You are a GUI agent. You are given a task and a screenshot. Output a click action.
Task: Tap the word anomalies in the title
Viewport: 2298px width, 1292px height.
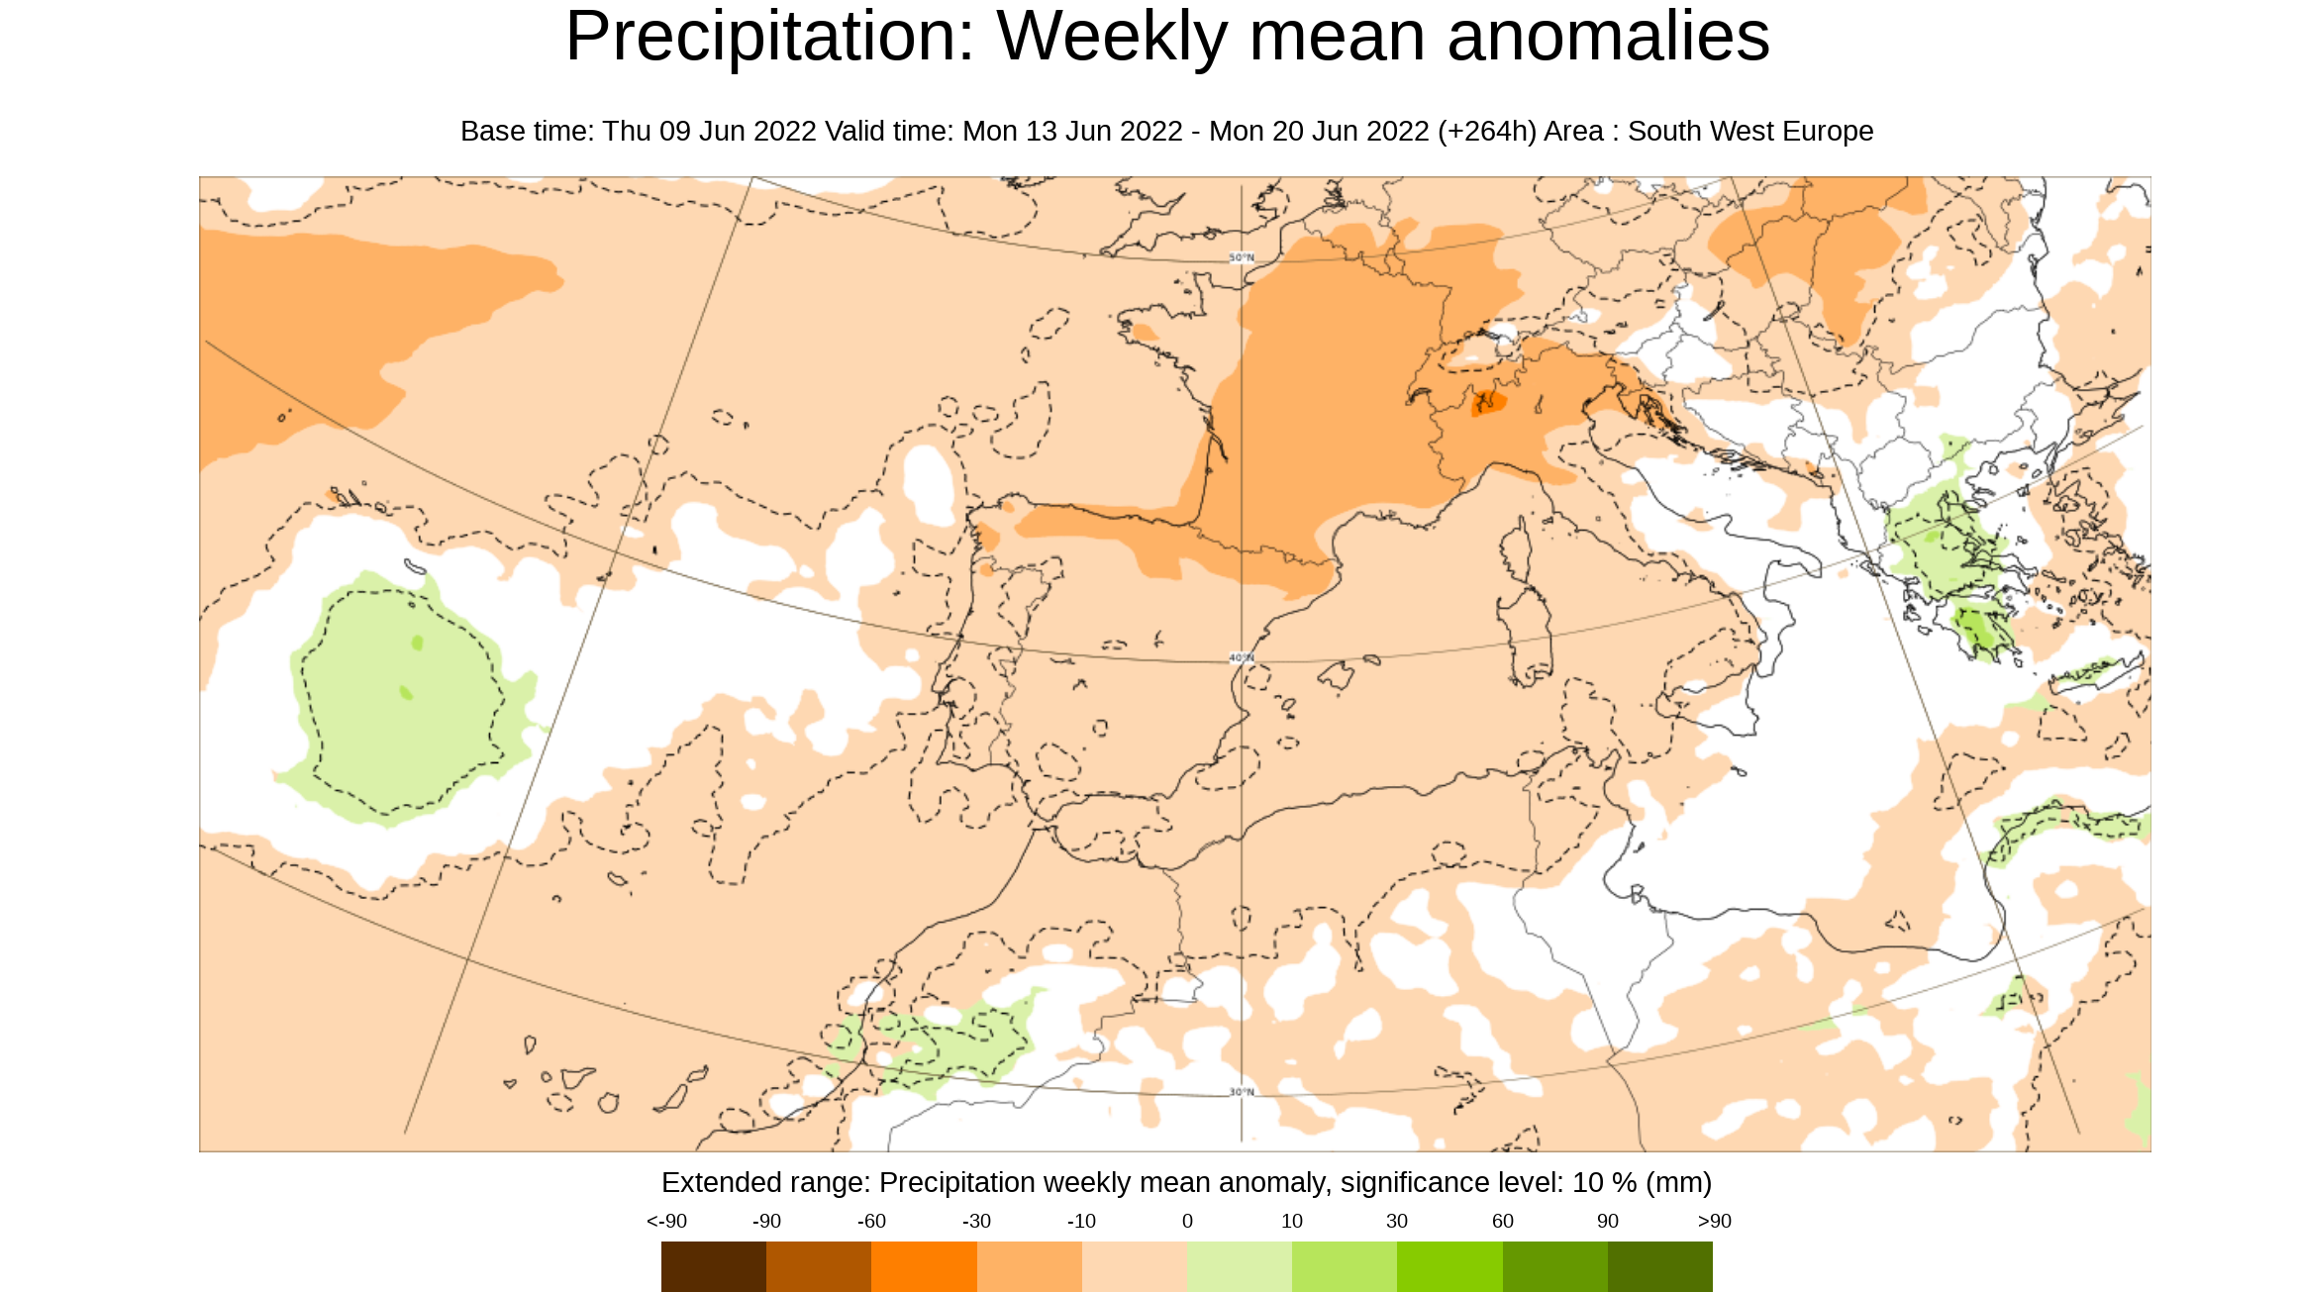click(1608, 38)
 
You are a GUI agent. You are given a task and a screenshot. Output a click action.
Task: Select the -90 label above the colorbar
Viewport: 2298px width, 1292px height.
click(766, 1221)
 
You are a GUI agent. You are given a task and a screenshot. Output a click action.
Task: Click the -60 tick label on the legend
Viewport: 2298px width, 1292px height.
click(871, 1221)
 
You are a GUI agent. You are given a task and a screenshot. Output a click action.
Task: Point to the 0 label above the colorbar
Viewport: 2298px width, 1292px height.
click(1187, 1221)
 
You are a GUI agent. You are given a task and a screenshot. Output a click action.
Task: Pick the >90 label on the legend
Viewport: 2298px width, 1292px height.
click(1714, 1221)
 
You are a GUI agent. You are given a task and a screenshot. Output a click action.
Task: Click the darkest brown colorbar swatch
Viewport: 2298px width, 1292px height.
click(713, 1266)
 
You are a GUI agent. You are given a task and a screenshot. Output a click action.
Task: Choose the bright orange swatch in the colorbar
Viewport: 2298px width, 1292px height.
click(924, 1266)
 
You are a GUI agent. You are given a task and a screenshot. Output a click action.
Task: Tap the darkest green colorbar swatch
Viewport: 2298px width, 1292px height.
click(1660, 1266)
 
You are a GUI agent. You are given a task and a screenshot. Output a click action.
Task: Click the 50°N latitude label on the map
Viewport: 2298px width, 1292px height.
click(1242, 257)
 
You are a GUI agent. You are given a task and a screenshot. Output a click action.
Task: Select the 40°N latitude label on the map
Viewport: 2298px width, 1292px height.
click(1242, 657)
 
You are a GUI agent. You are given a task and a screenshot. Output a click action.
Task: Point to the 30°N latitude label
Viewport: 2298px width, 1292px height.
click(1242, 1092)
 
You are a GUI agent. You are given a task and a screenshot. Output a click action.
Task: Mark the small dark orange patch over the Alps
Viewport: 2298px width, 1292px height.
click(1487, 403)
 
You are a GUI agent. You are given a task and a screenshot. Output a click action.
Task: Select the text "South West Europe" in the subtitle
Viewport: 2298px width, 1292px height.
click(1749, 132)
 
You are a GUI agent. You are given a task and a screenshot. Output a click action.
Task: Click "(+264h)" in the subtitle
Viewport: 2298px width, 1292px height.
click(1486, 132)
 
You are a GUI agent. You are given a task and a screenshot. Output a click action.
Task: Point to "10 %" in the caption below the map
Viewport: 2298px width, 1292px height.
click(1603, 1183)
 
